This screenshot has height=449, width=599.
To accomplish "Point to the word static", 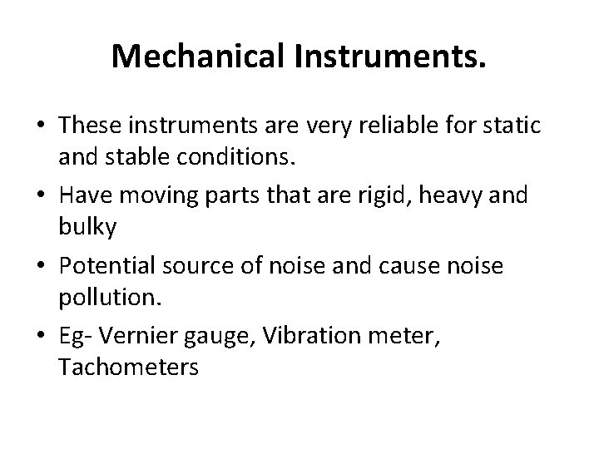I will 514,126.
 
